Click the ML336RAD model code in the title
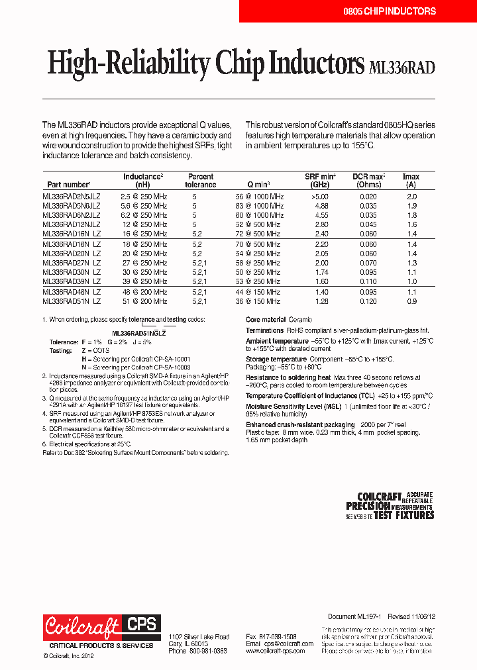401,66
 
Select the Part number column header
68,185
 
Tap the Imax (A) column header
411,181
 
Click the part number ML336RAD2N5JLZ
72,197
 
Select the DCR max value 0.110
368,281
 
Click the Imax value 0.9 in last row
411,301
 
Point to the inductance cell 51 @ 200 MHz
144,301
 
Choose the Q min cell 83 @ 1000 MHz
259,206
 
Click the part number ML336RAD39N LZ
72,281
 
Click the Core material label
266,320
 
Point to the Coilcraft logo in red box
82,626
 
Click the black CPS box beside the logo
140,624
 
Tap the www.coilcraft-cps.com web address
275,651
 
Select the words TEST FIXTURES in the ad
403,514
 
